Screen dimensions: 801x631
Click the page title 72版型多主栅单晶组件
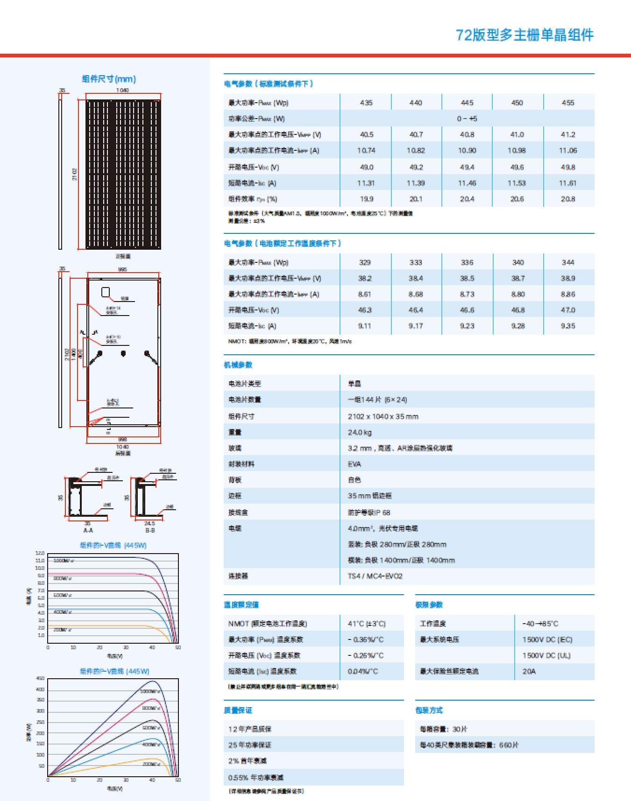(x=525, y=35)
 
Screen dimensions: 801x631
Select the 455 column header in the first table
(x=568, y=103)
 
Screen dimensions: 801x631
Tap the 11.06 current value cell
(x=568, y=150)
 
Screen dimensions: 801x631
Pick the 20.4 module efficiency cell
(x=467, y=199)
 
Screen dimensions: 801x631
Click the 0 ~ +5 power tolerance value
(x=467, y=119)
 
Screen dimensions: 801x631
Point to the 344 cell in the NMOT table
(x=568, y=262)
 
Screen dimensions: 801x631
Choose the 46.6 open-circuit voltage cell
(x=467, y=310)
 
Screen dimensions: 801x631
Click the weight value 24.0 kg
(x=360, y=432)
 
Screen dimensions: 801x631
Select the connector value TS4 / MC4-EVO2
(x=375, y=576)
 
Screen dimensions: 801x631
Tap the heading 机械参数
(x=238, y=365)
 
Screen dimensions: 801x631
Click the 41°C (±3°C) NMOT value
(x=367, y=624)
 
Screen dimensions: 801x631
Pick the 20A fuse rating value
(x=529, y=671)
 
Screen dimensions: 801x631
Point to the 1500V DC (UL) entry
(x=546, y=655)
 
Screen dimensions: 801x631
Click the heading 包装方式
(x=429, y=710)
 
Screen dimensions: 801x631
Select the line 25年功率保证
(x=250, y=745)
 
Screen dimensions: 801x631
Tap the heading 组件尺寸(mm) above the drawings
(x=109, y=79)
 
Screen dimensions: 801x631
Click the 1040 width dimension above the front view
(x=122, y=90)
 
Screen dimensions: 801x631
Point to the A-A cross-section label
(x=88, y=530)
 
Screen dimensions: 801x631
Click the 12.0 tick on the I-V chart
(x=40, y=553)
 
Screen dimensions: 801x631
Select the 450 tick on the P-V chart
(x=41, y=678)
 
